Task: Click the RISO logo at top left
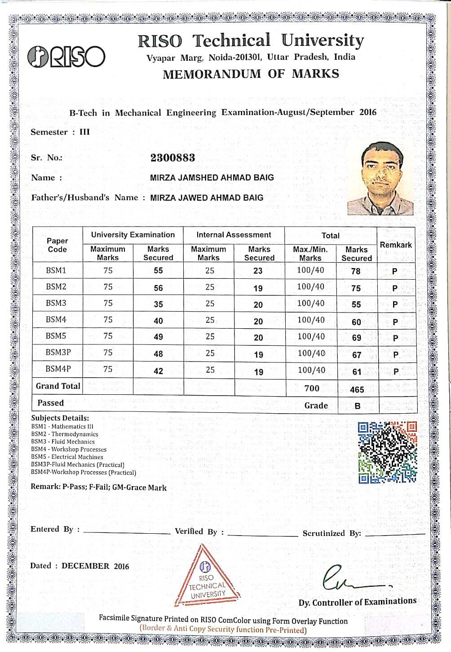[66, 57]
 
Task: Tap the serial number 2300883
[172, 158]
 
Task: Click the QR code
[387, 452]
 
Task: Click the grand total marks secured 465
[357, 389]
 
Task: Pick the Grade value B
[357, 406]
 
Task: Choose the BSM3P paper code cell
[58, 353]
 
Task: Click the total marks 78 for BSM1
[356, 271]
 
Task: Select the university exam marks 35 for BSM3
[158, 304]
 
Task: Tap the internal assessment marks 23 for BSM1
[258, 271]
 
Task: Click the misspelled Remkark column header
[396, 245]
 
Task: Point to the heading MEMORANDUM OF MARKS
[251, 74]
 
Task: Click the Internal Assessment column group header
[234, 235]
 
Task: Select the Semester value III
[84, 132]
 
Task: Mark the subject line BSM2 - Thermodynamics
[65, 434]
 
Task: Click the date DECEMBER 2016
[95, 566]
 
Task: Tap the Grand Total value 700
[312, 388]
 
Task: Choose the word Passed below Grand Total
[50, 403]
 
